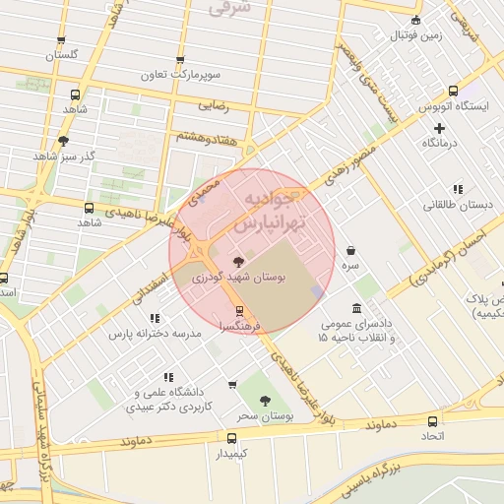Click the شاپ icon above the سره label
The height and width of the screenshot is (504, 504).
pos(352,250)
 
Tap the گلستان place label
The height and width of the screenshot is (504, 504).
pos(61,55)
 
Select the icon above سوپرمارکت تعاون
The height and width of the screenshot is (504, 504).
pos(179,59)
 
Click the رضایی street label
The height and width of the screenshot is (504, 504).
pos(214,102)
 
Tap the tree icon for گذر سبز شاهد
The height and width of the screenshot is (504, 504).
pos(64,141)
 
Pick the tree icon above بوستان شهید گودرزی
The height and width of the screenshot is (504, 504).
pos(236,262)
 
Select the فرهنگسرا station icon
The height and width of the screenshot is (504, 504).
pos(240,311)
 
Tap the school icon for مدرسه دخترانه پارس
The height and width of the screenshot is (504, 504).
pos(155,318)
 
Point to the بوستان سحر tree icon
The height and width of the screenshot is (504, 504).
pos(265,400)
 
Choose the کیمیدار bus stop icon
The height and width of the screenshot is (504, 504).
pos(232,439)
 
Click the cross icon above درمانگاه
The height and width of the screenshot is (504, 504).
pos(440,127)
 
